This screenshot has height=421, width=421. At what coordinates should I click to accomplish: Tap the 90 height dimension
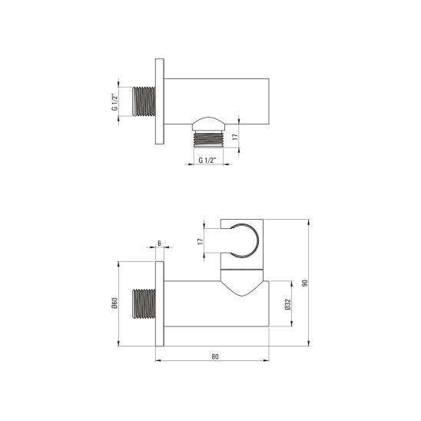tap(306, 283)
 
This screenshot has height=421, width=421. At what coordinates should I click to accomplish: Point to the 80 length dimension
tap(214, 356)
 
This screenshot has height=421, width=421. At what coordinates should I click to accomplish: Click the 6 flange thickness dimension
tap(159, 243)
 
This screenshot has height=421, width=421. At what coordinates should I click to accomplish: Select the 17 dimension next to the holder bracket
tap(201, 240)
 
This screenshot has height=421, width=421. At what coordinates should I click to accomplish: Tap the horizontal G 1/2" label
tap(206, 161)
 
